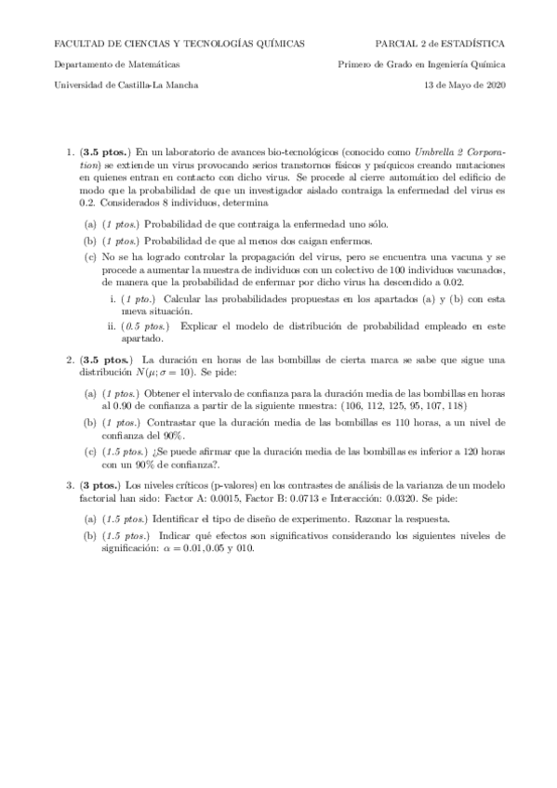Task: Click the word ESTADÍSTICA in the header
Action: (x=477, y=43)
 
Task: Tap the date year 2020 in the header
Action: (x=494, y=85)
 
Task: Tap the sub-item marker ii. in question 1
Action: (x=113, y=327)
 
